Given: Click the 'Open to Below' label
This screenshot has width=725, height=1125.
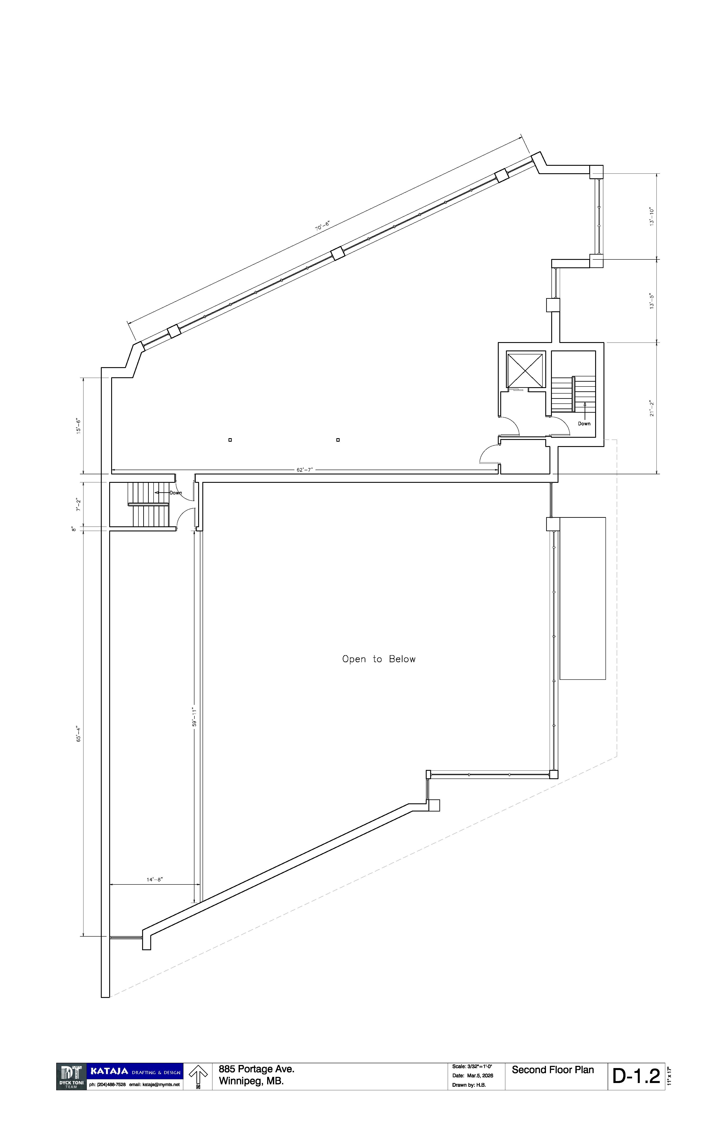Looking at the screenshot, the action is [379, 659].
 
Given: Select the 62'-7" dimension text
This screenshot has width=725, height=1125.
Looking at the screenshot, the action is [304, 470].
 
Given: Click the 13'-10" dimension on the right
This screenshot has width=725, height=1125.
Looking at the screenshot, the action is [652, 216].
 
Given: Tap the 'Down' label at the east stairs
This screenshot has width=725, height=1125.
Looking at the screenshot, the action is [584, 423].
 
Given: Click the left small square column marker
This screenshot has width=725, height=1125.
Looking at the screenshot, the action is [230, 440].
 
